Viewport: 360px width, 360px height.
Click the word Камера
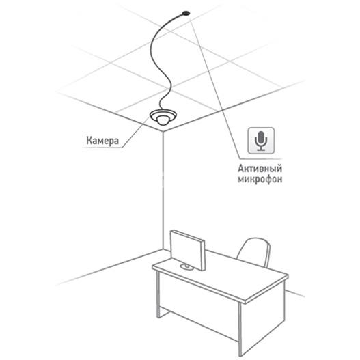click(x=102, y=141)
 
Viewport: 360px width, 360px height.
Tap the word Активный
click(x=260, y=169)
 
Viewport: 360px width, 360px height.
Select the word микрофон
click(x=260, y=179)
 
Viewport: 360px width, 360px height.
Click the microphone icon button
click(x=261, y=141)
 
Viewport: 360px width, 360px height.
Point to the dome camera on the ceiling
click(x=163, y=117)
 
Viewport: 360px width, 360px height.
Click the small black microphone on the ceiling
click(x=186, y=13)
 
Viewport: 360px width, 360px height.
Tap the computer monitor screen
click(x=186, y=249)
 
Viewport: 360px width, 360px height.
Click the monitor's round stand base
click(x=186, y=267)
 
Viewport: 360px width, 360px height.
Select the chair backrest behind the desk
click(x=254, y=252)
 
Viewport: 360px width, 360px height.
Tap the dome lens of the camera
click(x=163, y=120)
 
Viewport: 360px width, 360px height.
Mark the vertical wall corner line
click(x=163, y=191)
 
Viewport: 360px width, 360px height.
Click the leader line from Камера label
click(x=135, y=132)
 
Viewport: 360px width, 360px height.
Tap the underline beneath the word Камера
click(x=102, y=148)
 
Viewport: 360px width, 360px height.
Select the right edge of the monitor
click(x=203, y=255)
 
